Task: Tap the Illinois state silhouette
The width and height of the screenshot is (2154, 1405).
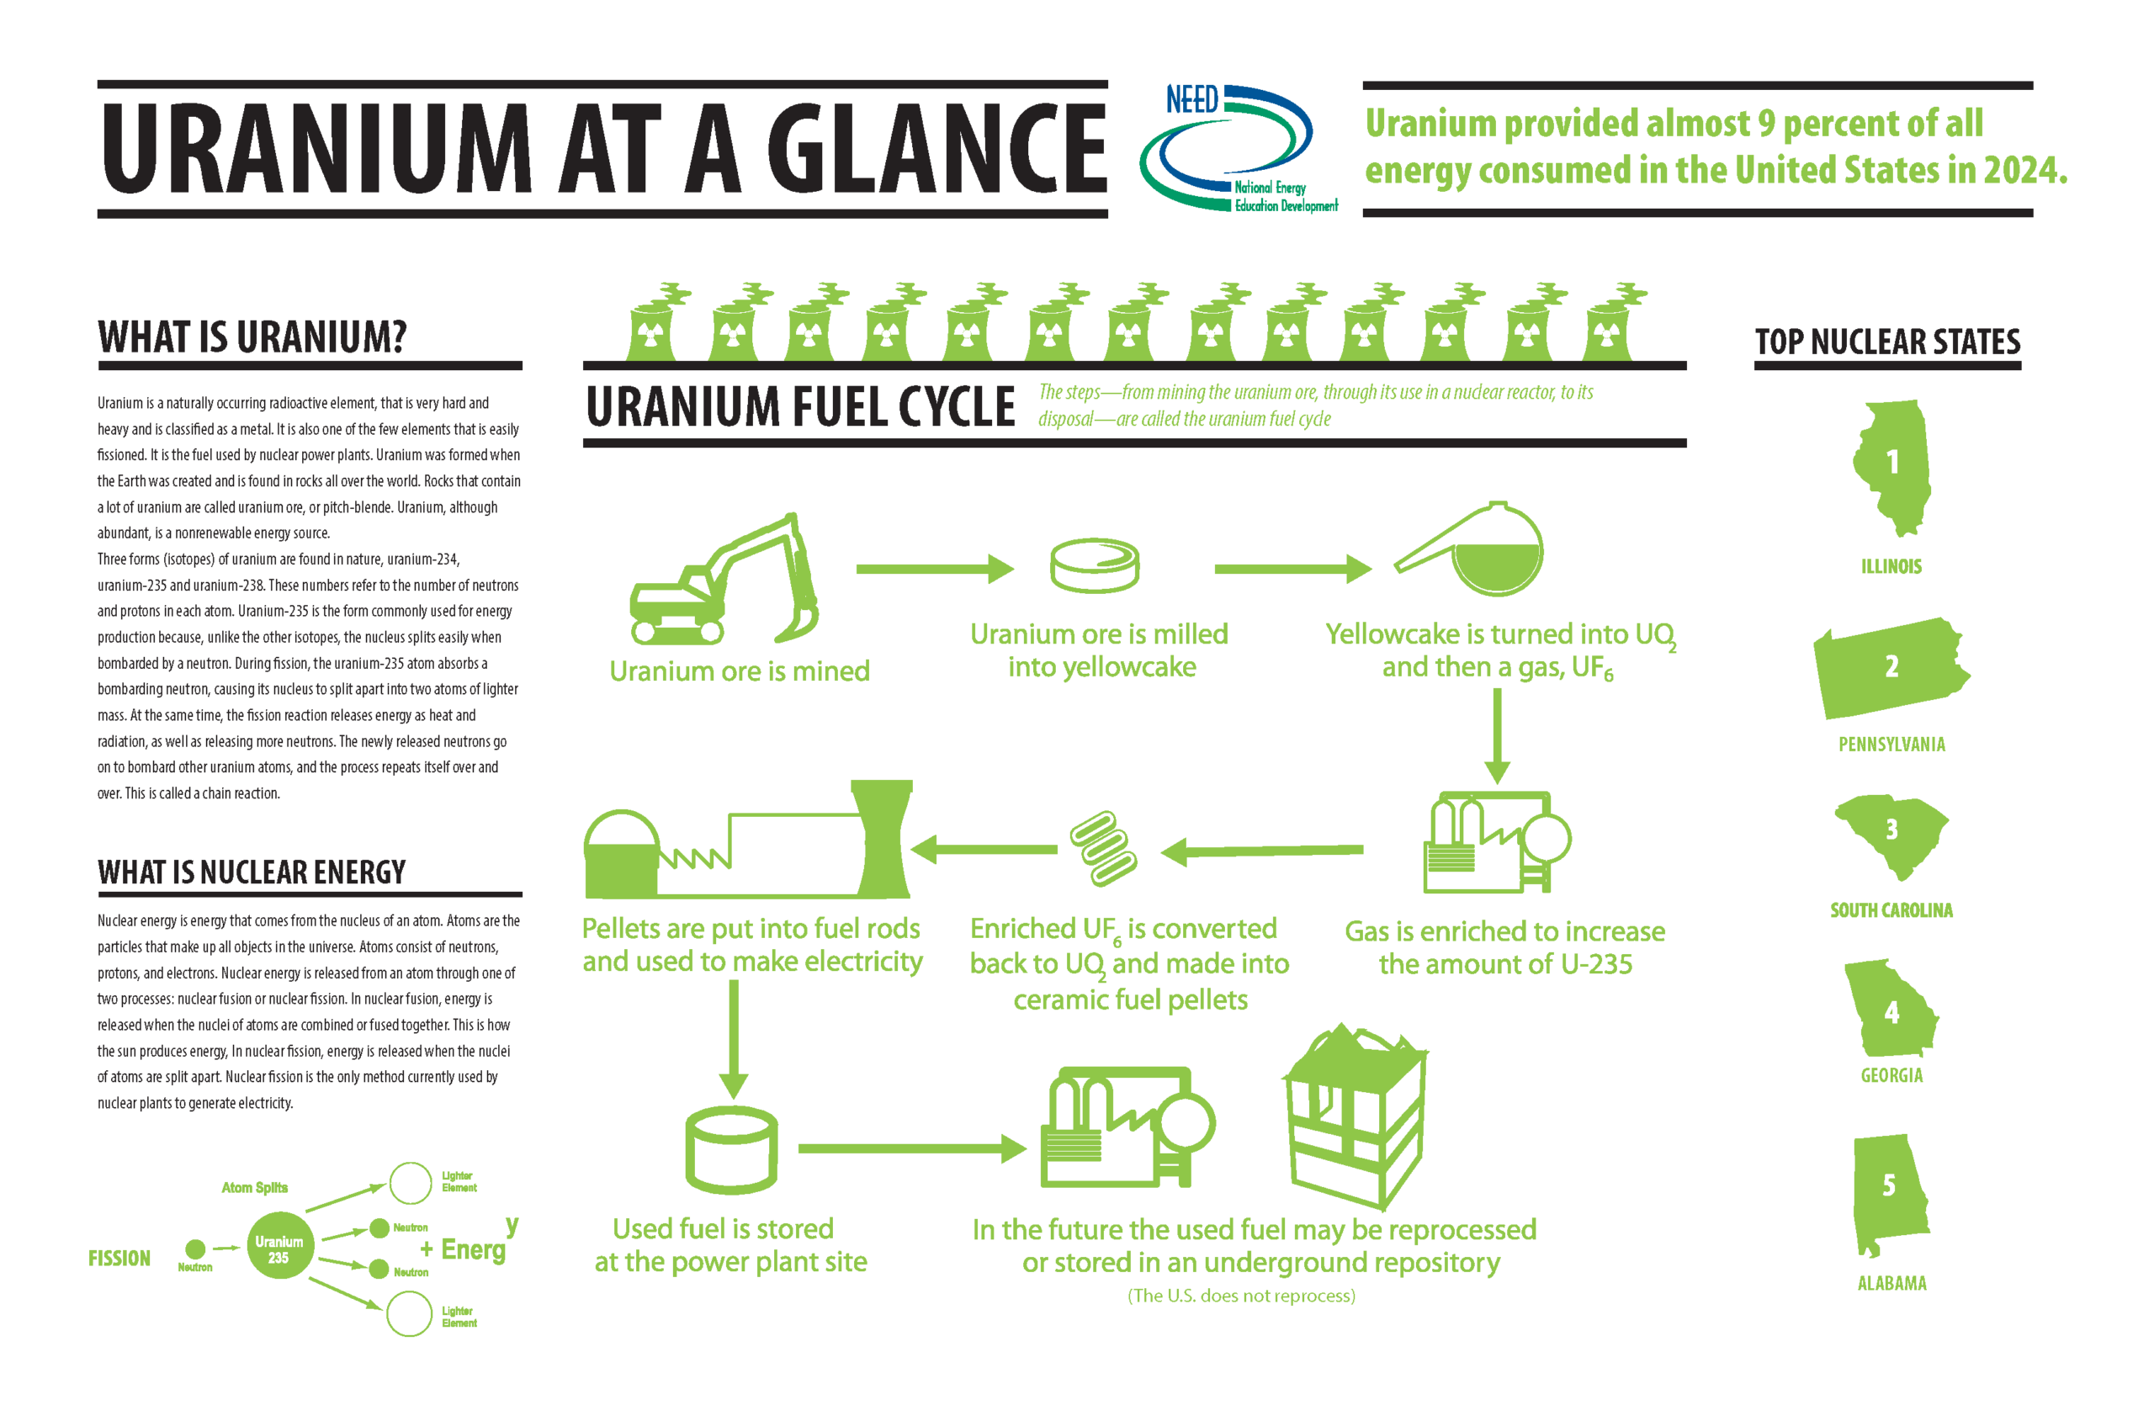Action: tap(1891, 466)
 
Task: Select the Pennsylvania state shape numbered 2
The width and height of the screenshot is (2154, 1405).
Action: tap(1890, 668)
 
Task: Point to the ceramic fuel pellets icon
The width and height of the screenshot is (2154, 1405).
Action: tap(1103, 848)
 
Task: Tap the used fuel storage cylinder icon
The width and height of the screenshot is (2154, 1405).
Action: tap(731, 1151)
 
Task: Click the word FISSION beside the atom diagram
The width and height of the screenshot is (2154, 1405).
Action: tap(119, 1259)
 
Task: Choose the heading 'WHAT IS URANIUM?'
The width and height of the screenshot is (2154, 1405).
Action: tap(252, 337)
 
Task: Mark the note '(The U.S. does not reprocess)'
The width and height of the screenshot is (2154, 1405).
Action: tap(1241, 1296)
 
